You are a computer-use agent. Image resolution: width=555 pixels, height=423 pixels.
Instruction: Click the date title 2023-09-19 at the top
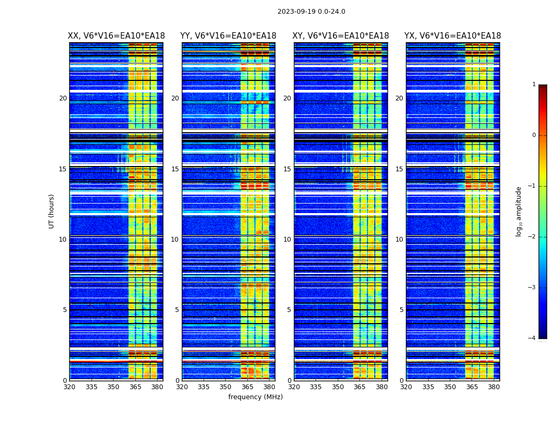coord(311,12)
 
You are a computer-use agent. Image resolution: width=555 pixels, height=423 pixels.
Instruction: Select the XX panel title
coord(116,36)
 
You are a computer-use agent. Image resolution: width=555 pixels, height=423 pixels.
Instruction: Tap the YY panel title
coord(228,36)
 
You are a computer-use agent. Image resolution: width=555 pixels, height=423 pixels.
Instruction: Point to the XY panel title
coord(341,36)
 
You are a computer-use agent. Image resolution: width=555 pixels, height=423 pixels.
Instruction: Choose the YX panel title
coord(452,36)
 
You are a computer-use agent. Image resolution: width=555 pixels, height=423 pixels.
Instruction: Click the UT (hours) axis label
coord(52,211)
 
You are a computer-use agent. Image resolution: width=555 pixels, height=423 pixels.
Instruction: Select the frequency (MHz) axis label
coord(255,397)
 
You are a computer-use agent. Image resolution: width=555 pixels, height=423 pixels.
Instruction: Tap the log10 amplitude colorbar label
coord(519,211)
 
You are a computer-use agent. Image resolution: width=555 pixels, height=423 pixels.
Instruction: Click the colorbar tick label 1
coord(534,85)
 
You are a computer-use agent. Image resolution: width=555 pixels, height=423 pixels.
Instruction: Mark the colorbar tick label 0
coord(534,135)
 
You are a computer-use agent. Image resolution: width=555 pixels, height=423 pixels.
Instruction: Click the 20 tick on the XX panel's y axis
coord(63,98)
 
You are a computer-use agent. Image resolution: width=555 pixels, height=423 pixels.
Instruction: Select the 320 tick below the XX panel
coord(69,387)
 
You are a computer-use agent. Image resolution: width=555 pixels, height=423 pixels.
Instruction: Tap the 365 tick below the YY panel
coord(247,387)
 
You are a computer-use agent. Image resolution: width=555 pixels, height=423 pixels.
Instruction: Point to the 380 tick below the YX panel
coord(494,387)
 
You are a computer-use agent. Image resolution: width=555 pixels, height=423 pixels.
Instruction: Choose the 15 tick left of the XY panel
coord(287,169)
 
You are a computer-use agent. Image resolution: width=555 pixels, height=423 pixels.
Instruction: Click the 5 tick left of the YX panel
coord(402,310)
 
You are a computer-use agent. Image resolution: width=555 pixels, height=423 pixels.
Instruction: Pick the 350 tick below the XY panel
coord(338,387)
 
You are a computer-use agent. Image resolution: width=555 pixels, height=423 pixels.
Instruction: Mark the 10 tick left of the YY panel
coord(174,240)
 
